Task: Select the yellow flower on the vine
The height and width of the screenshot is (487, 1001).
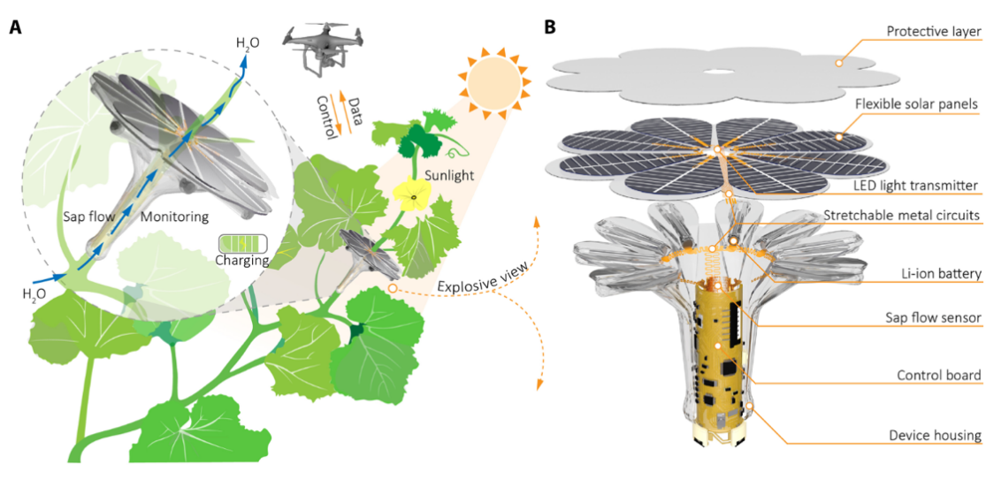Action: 413,194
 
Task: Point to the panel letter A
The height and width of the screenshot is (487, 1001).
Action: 15,27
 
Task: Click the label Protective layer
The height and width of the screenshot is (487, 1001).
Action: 934,33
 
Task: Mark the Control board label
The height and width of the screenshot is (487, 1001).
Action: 941,375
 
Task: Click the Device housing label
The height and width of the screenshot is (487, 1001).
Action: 936,434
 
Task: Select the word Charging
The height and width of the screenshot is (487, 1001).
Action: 241,261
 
